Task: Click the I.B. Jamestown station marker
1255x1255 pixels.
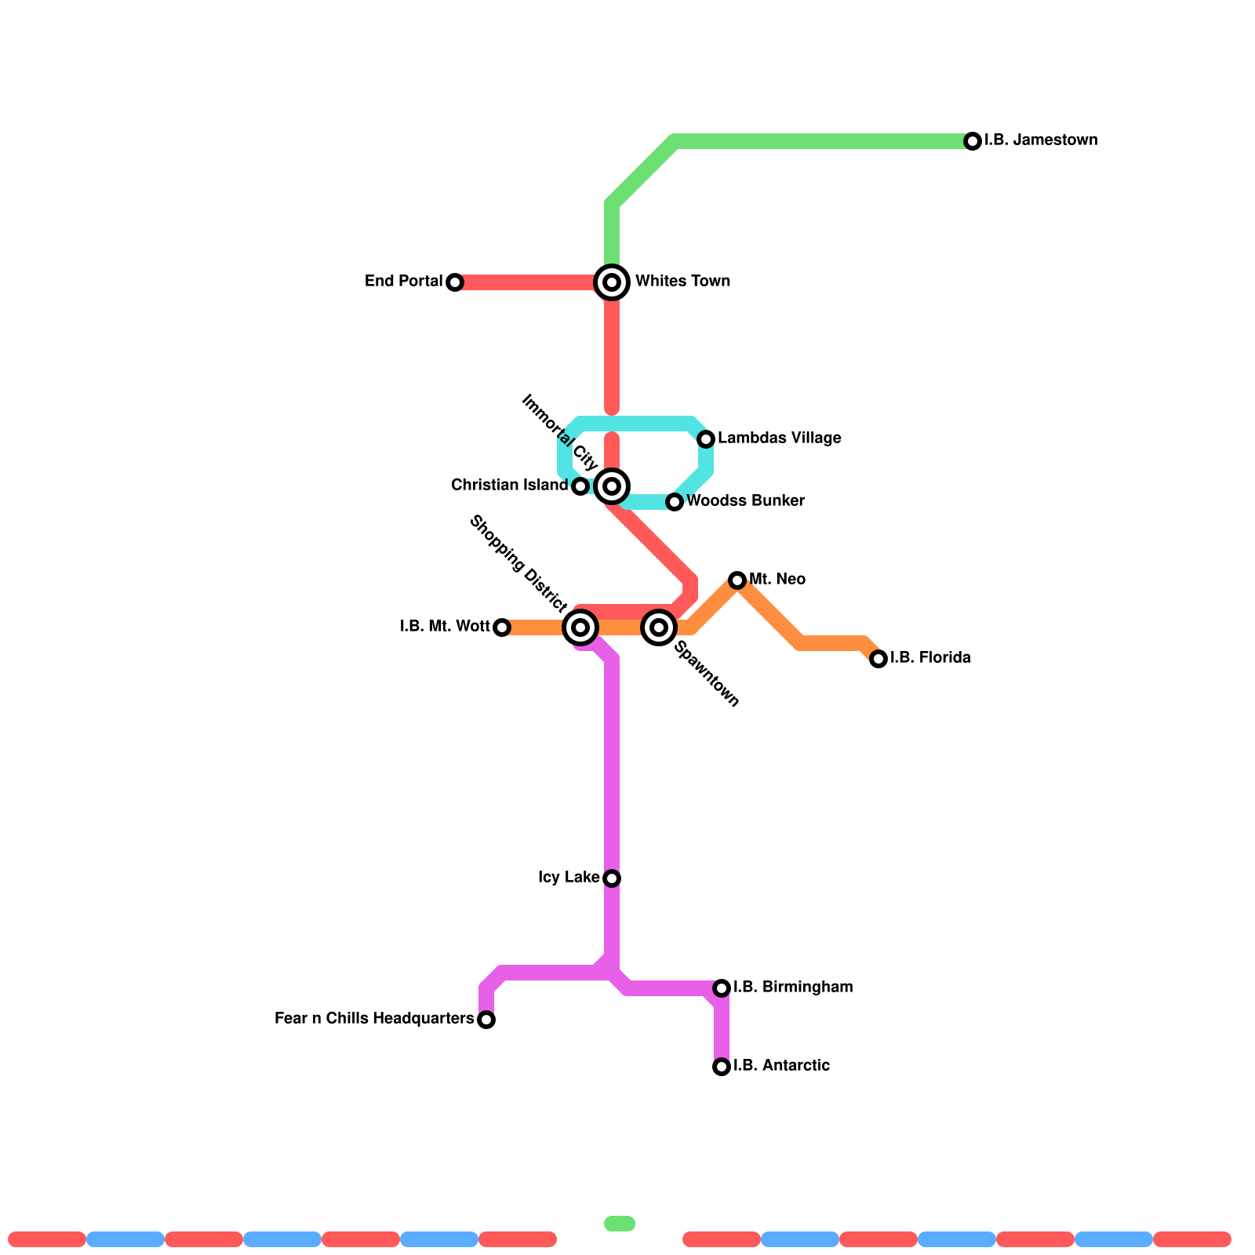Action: point(973,141)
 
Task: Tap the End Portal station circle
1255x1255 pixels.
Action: point(455,282)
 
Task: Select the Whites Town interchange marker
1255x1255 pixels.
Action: point(612,282)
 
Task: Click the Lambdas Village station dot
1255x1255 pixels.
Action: point(706,439)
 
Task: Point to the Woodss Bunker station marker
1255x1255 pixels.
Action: point(675,502)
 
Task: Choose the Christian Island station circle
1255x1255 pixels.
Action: point(580,486)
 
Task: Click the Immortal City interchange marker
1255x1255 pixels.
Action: point(612,486)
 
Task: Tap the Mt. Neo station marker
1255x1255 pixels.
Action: point(737,580)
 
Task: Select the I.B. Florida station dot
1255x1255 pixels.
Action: point(878,659)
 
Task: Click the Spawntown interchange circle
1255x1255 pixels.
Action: point(659,627)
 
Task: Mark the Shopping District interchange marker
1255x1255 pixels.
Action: point(580,627)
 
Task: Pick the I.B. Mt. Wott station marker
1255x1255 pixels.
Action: point(502,627)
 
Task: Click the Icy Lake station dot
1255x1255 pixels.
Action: point(612,878)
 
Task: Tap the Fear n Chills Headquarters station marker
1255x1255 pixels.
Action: point(486,1020)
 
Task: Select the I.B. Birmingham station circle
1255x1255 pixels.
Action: point(722,988)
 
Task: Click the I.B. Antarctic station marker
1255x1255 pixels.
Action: point(722,1067)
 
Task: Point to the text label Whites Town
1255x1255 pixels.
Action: point(682,282)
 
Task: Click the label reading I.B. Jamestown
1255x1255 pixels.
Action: point(1041,141)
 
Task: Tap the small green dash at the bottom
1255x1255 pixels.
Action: point(620,1224)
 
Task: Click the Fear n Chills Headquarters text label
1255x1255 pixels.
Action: point(374,1019)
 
